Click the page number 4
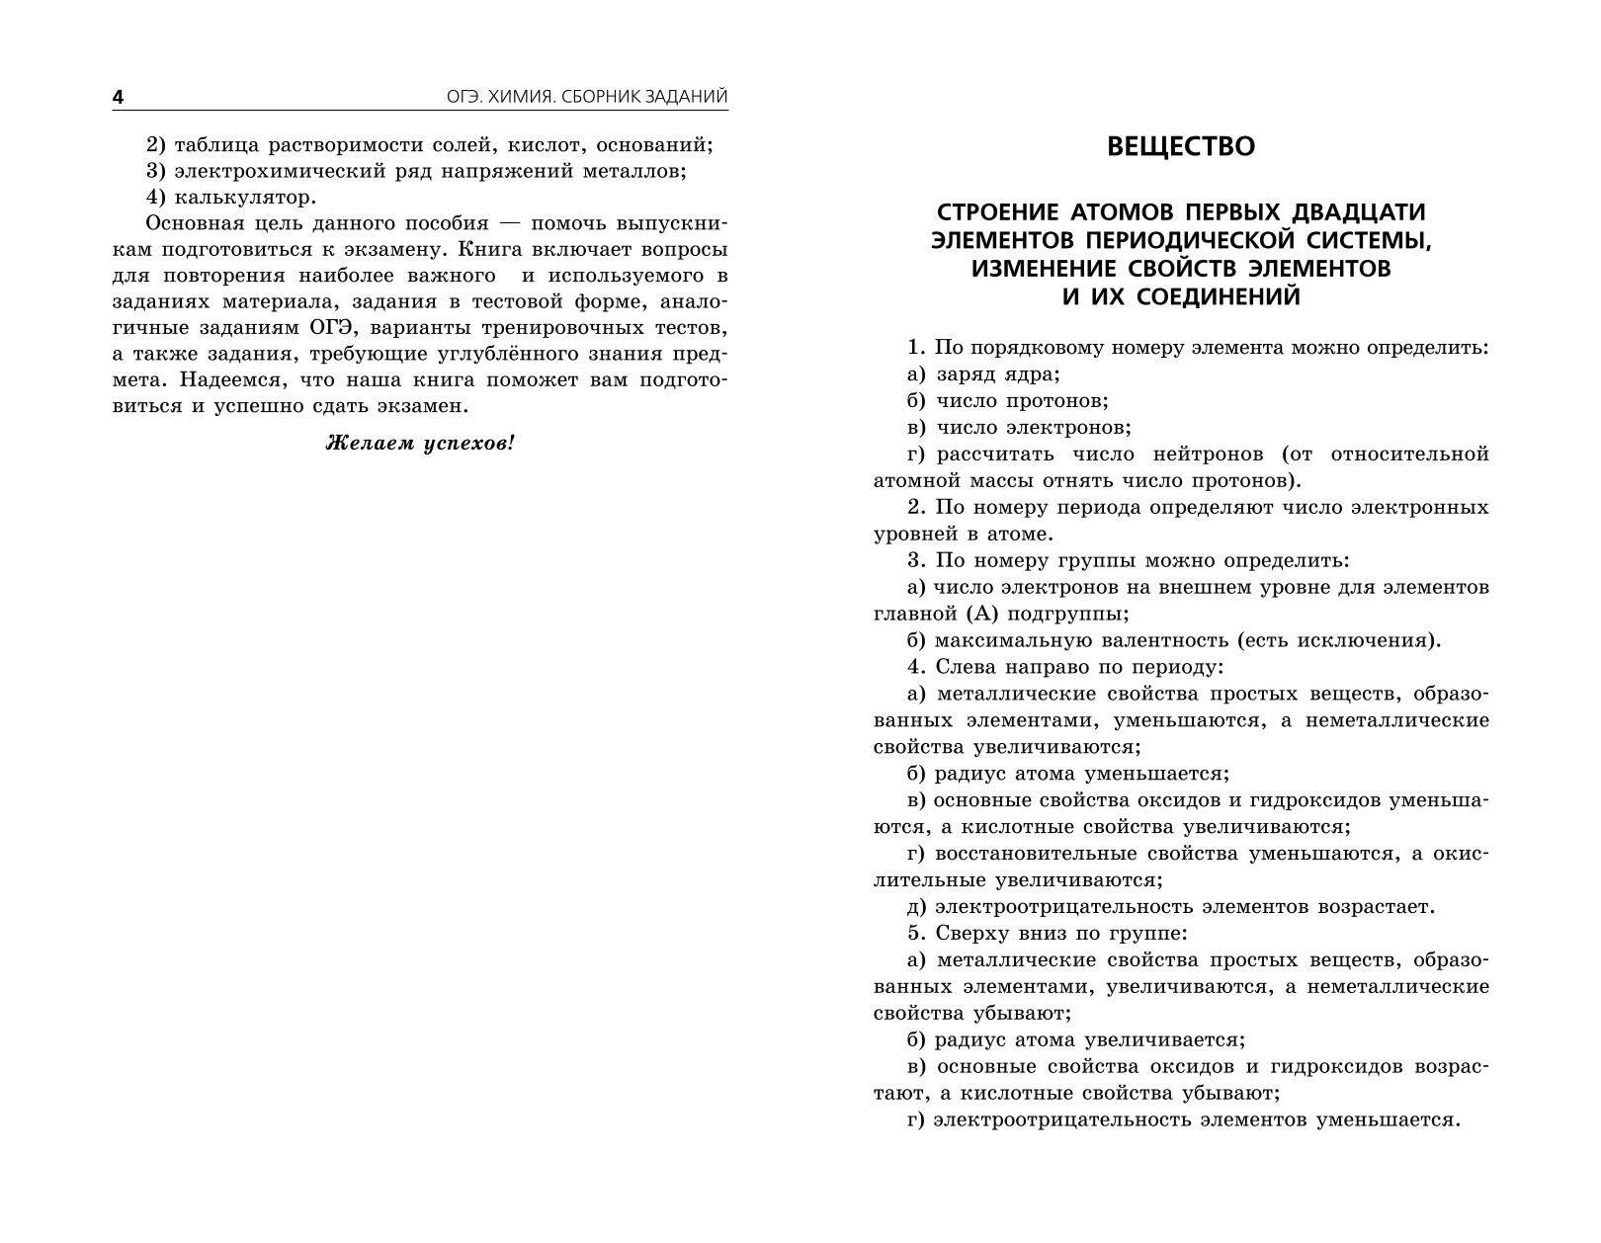coord(118,97)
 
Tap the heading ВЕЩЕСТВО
coord(1180,146)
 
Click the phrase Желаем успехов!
coord(420,443)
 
